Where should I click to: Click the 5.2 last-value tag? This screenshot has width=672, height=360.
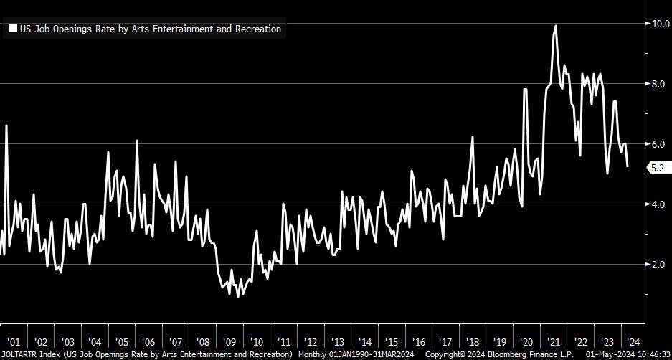(x=658, y=168)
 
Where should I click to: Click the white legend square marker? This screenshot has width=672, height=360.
(x=12, y=29)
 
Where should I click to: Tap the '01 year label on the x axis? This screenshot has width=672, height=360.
(x=14, y=342)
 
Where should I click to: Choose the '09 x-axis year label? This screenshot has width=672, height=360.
(x=229, y=342)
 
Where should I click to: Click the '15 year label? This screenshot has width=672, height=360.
(x=392, y=342)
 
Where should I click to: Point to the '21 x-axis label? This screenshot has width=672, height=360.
(x=553, y=342)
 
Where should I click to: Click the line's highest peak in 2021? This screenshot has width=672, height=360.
(x=555, y=27)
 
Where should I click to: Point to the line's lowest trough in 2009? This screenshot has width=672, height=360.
(x=238, y=295)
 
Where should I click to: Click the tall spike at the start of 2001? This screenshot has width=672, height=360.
(x=6, y=126)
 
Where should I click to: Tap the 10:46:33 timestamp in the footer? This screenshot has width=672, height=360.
(x=650, y=354)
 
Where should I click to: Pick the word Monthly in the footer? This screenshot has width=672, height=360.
(x=311, y=354)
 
